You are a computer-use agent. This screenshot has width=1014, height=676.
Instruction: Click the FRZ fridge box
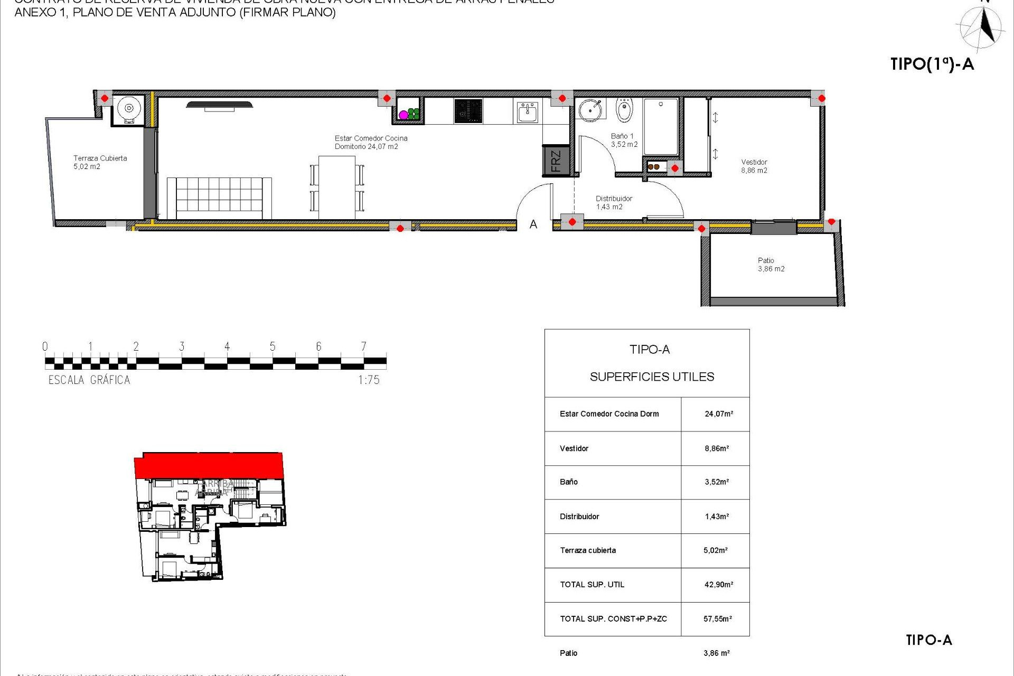point(556,161)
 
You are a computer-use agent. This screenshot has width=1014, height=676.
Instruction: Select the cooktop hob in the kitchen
point(468,111)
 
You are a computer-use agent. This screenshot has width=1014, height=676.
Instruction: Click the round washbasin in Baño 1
point(590,110)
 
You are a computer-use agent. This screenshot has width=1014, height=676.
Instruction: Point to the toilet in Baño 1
point(624,110)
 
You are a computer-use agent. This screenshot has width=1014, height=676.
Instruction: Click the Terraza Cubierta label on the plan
point(100,162)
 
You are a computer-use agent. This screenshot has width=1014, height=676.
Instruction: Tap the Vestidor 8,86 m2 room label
point(754,166)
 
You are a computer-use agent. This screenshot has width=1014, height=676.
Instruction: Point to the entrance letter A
point(533,225)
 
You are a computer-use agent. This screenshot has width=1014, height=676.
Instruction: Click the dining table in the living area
point(337,187)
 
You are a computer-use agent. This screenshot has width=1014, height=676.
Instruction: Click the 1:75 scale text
point(369,380)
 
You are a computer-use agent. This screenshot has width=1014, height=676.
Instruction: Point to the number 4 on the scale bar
point(227,346)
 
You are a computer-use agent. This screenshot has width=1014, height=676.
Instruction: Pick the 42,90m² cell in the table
point(718,585)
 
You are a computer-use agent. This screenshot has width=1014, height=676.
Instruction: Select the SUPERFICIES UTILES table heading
point(652,377)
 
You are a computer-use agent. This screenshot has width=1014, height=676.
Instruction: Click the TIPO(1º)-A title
point(932,64)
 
